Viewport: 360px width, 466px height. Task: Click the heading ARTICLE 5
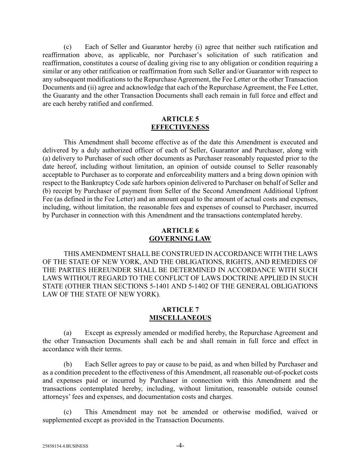pyautogui.click(x=180, y=119)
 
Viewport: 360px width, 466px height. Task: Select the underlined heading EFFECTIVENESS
pyautogui.click(x=180, y=127)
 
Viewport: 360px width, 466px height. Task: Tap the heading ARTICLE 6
pyautogui.click(x=180, y=230)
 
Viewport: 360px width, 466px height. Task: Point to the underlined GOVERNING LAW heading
pyautogui.click(x=180, y=239)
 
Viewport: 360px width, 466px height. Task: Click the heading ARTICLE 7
pyautogui.click(x=180, y=310)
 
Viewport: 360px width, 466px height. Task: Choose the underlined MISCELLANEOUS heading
pyautogui.click(x=180, y=318)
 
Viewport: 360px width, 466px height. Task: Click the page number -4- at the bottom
pyautogui.click(x=180, y=445)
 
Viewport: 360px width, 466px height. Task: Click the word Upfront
pyautogui.click(x=305, y=191)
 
